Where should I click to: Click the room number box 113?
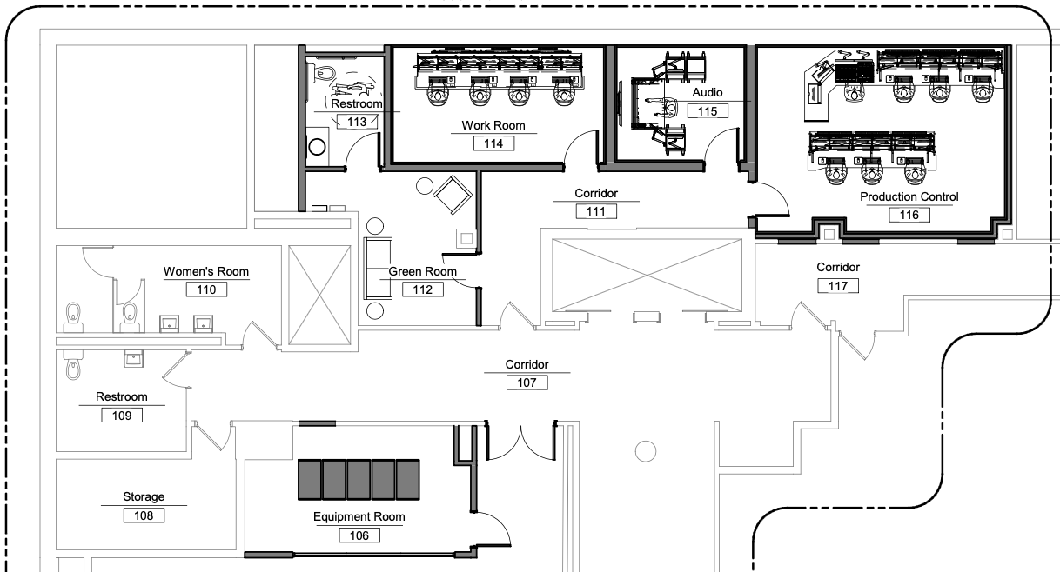[357, 122]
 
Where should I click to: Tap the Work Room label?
[493, 126]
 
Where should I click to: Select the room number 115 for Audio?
[708, 111]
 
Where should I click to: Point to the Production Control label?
[909, 197]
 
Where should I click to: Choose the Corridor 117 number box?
[838, 285]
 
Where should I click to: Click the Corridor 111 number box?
[596, 210]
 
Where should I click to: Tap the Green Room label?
[422, 271]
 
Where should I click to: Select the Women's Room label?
[206, 272]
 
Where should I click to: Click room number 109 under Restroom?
[121, 416]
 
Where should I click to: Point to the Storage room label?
[144, 497]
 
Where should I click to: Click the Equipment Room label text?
[359, 517]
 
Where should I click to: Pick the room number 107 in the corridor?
[527, 382]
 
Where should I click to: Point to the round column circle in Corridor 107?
[645, 451]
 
